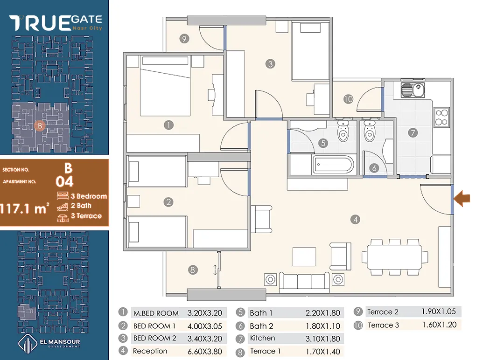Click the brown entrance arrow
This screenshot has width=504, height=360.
click(462, 199)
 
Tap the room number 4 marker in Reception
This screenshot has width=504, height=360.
click(355, 220)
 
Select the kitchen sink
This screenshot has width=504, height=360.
click(413, 90)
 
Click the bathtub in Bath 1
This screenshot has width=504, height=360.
click(333, 165)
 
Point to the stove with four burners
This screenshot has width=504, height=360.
click(441, 117)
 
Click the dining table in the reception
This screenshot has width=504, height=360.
click(394, 257)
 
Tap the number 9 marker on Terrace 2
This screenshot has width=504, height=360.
click(184, 39)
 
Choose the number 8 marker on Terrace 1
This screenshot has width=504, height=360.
click(193, 270)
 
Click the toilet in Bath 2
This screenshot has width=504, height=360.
click(370, 131)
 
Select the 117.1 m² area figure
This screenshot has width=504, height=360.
click(24, 209)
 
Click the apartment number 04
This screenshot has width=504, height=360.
click(64, 182)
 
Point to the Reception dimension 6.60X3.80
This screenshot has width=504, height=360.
click(205, 352)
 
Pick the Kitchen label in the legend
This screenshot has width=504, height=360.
click(263, 338)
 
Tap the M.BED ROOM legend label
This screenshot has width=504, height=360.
click(156, 313)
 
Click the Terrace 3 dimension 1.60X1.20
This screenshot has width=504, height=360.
click(440, 325)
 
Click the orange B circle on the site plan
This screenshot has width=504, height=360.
click(40, 125)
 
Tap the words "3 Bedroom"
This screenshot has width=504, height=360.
click(89, 196)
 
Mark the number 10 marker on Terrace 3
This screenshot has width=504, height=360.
click(348, 99)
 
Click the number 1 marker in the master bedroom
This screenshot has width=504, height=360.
click(168, 125)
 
